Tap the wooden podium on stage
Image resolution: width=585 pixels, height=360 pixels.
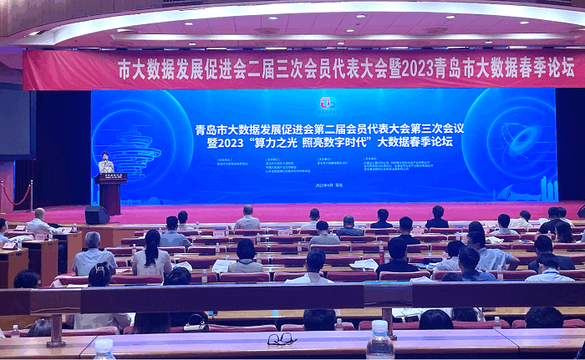[110, 191]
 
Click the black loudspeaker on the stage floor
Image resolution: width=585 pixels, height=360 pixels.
[97, 215]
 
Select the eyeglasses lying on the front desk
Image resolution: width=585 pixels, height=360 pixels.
[282, 338]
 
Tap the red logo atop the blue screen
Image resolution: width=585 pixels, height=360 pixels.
[326, 102]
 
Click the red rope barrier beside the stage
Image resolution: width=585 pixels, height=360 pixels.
[17, 195]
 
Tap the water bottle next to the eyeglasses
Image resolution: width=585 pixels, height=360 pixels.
[379, 340]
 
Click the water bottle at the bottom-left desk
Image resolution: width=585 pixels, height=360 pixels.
[104, 349]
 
